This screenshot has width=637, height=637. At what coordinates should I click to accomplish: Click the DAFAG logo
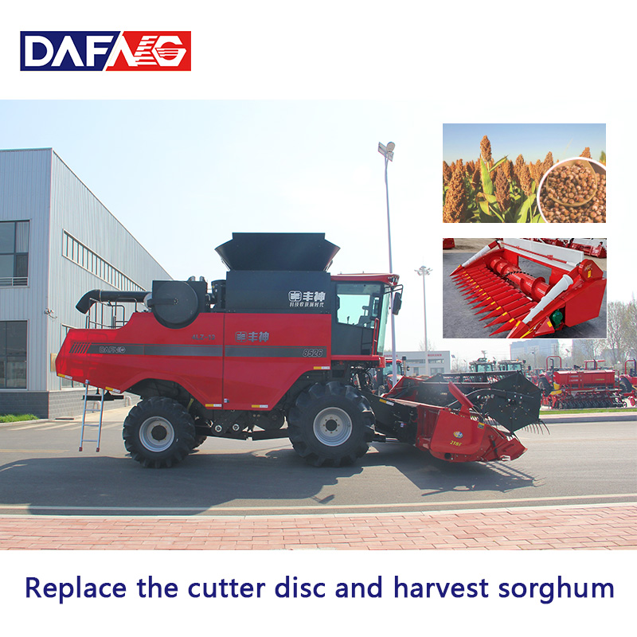coord(105,51)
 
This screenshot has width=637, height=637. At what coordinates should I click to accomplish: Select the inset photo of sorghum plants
coord(523,173)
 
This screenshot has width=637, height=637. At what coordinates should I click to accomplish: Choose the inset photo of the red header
coord(523,287)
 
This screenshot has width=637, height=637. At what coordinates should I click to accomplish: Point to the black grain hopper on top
coord(277,251)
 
